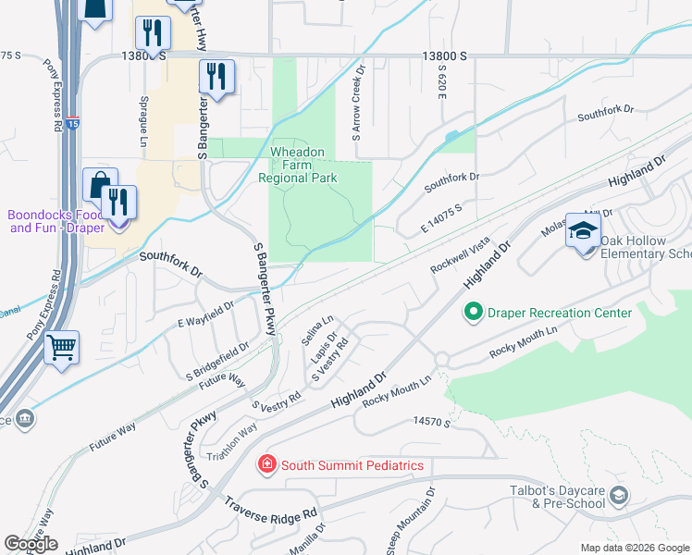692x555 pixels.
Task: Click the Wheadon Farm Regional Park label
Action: pos(297,165)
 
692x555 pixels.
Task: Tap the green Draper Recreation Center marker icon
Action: pos(474,313)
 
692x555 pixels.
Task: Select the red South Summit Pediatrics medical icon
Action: pos(266,464)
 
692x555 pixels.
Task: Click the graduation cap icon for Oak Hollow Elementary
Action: pos(584,230)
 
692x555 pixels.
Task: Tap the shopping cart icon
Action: pos(62,348)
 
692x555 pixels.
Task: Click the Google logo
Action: pos(31,544)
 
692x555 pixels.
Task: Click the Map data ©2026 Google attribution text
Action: pos(634,548)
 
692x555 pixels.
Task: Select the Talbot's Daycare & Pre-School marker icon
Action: pos(619,498)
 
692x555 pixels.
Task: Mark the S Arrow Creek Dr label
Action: pos(356,107)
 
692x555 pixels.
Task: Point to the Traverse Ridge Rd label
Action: pos(271,508)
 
